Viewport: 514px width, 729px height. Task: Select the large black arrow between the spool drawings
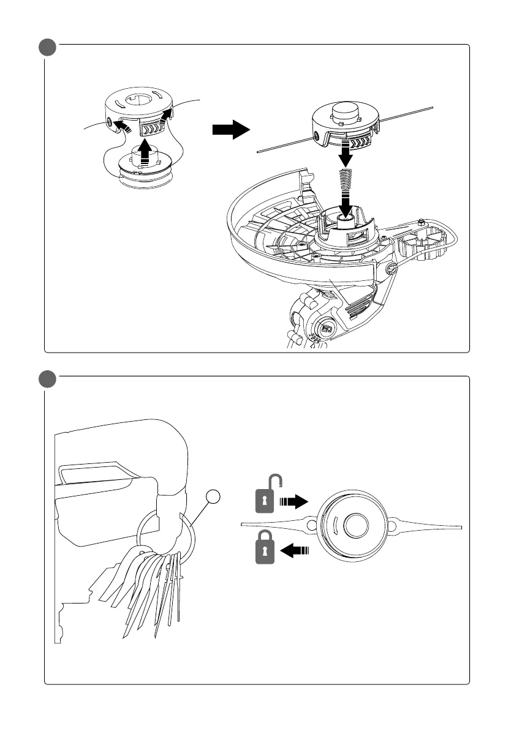[x=230, y=130]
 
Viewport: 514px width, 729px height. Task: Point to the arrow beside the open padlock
[x=293, y=503]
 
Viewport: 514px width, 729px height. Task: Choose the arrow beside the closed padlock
[x=295, y=550]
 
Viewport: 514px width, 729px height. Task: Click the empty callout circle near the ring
[x=212, y=498]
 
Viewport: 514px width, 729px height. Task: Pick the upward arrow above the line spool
[x=145, y=151]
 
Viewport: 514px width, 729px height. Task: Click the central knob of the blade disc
[x=354, y=525]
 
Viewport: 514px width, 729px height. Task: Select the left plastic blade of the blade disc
[x=276, y=525]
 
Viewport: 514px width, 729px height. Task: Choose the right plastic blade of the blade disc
[x=429, y=526]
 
